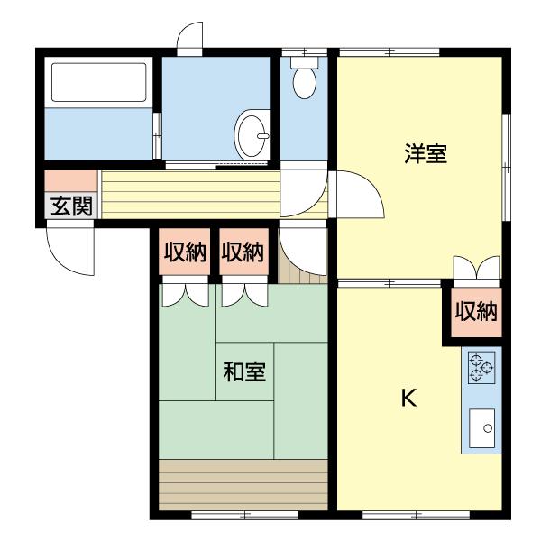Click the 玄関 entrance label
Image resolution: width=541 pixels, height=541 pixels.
[x=70, y=206]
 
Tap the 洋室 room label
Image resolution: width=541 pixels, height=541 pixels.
[x=426, y=153]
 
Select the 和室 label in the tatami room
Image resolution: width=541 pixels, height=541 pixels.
[x=244, y=371]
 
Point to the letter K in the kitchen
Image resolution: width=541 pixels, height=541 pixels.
[x=408, y=398]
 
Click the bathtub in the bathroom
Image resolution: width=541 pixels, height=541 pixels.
[x=98, y=82]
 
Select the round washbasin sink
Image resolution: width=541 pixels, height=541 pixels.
[x=252, y=135]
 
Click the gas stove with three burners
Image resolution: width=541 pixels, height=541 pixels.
[x=481, y=368]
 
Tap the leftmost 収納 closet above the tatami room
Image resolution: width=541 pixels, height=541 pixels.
[x=185, y=253]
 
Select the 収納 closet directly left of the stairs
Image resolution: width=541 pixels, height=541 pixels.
[x=243, y=253]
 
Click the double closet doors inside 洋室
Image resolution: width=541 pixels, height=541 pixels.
[x=474, y=268]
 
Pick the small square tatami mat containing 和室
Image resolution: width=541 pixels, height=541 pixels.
[x=244, y=371]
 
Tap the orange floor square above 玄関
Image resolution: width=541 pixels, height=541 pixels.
[x=70, y=179]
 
